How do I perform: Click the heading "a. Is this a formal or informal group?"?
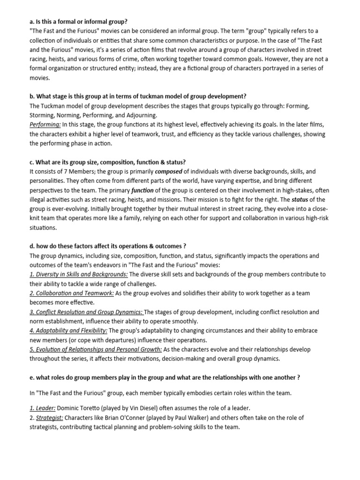pos(78,22)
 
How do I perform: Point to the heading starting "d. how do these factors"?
pos(108,247)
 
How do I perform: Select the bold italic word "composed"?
pos(168,172)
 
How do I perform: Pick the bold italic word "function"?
pos(142,190)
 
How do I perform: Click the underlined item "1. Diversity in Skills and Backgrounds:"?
pos(78,274)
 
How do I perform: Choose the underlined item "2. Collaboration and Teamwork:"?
pos(72,293)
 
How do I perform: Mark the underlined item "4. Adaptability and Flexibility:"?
pos(68,330)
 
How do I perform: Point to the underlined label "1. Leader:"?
pos(43,408)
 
